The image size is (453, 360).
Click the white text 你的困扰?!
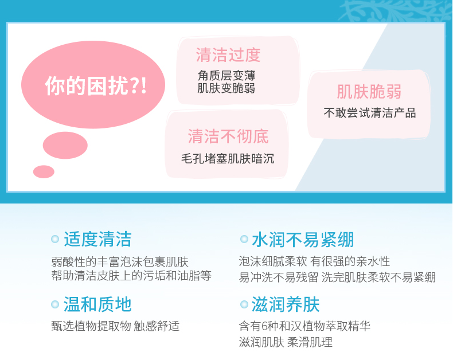[x=96, y=86]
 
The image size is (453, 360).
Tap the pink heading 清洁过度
[x=228, y=55]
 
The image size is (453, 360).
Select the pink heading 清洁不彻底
[x=228, y=136]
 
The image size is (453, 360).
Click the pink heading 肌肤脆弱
[x=369, y=92]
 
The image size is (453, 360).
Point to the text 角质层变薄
[x=226, y=76]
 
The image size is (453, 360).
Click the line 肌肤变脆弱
[x=226, y=88]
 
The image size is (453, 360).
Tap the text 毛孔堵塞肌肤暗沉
[x=228, y=159]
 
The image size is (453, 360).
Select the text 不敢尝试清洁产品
[x=370, y=113]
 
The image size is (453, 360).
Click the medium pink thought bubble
[x=65, y=146]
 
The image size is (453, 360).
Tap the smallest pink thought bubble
[x=44, y=171]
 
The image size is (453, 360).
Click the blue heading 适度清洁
[x=97, y=239]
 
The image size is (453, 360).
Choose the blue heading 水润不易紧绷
[x=303, y=240]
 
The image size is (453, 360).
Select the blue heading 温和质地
[x=97, y=304]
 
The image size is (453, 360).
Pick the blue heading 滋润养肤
[x=286, y=304]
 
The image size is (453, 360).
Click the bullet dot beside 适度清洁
[x=55, y=239]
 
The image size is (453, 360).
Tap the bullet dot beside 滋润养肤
[x=244, y=304]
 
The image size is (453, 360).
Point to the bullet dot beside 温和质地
[x=55, y=304]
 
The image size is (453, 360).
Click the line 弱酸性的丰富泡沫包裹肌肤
[x=120, y=262]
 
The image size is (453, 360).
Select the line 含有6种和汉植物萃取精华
[x=304, y=326]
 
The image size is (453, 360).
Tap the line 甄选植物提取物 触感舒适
[x=115, y=326]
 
